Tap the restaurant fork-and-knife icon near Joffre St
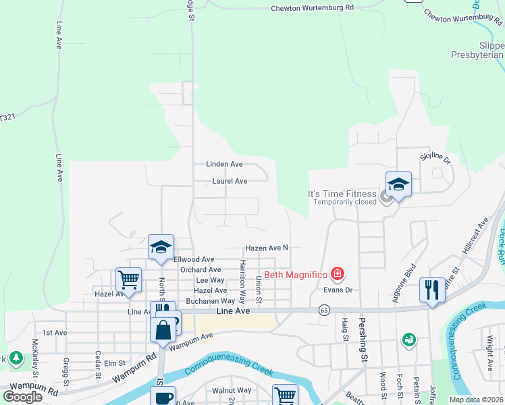tap(432, 290)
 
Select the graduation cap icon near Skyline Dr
tap(398, 184)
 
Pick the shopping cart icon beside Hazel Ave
tap(128, 279)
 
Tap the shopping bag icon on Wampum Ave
tap(163, 331)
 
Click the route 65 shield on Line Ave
tap(325, 310)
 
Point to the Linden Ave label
tap(224, 164)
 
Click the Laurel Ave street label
tap(230, 181)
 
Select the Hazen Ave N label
tap(267, 248)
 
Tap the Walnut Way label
tap(232, 390)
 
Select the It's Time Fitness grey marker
tap(386, 196)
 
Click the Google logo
tap(22, 397)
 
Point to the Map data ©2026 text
tap(475, 400)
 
